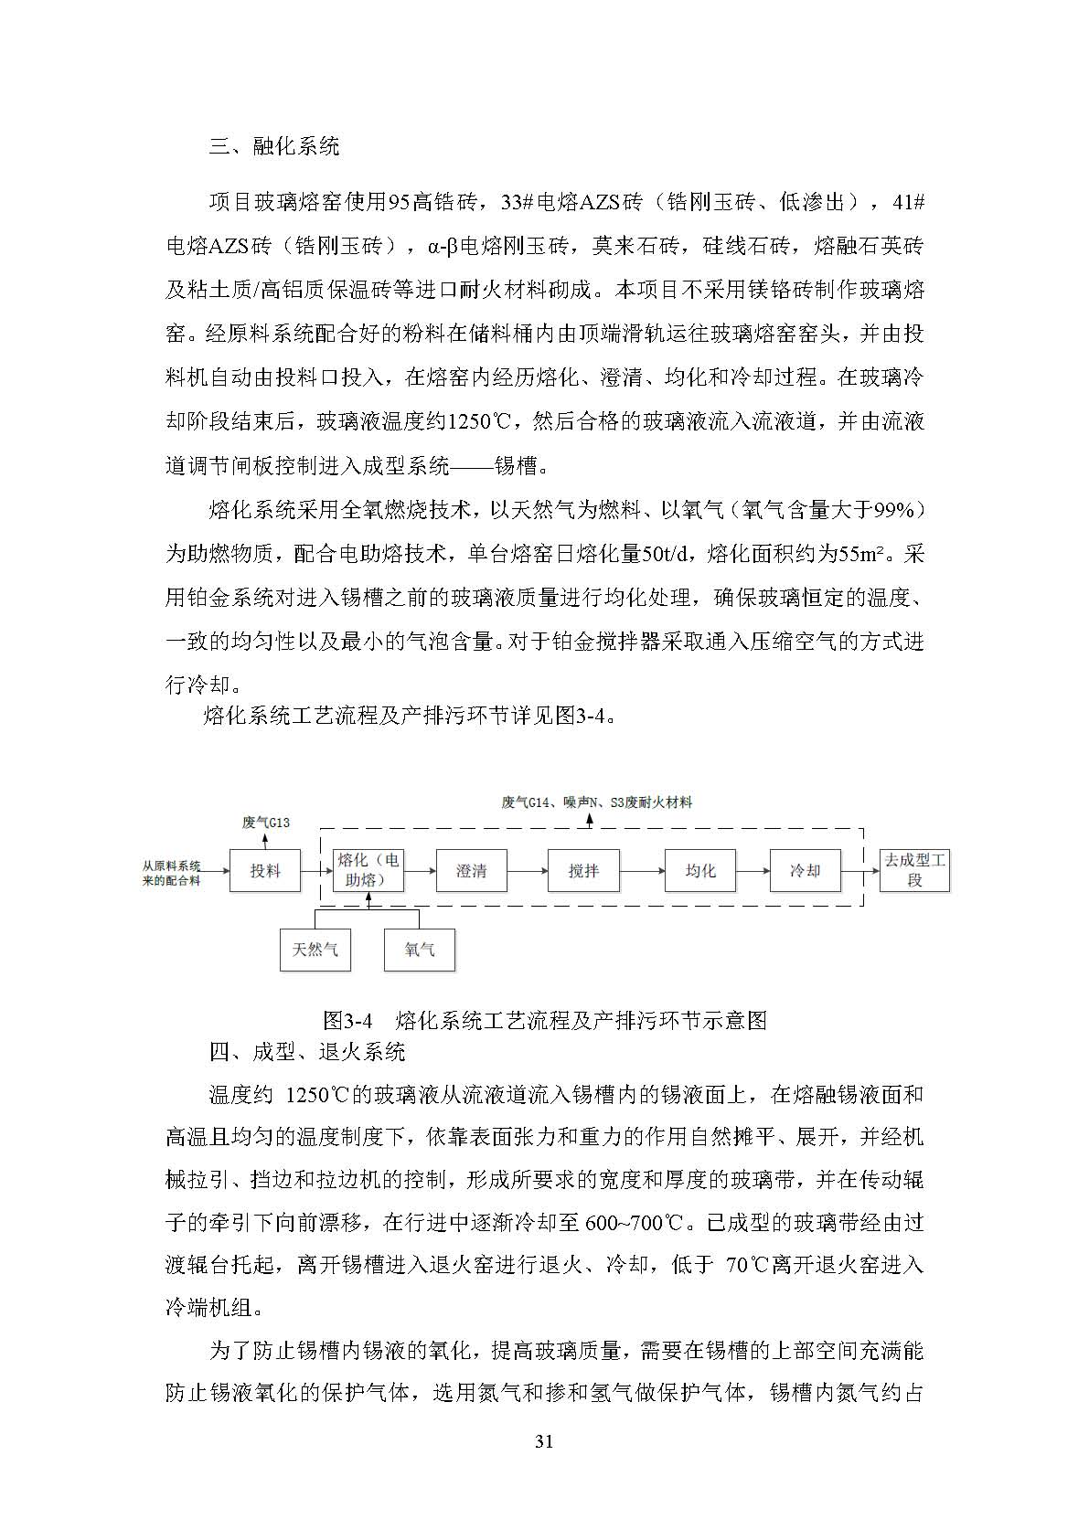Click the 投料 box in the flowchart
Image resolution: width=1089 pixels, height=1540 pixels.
[x=265, y=871]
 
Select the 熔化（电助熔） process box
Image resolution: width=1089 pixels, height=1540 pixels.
[x=368, y=870]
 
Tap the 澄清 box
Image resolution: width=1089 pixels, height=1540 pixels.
[x=471, y=871]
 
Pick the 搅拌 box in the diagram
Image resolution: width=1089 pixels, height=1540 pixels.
[x=583, y=871]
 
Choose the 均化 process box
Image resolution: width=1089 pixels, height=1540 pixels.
[x=700, y=871]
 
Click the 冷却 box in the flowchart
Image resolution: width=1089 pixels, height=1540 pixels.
[x=805, y=871]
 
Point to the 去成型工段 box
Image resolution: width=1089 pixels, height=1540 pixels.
[x=914, y=871]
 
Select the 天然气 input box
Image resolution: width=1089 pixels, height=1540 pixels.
[x=315, y=950]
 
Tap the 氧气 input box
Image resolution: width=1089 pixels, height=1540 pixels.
[x=420, y=950]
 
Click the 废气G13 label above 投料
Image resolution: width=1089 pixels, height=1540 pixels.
[x=265, y=823]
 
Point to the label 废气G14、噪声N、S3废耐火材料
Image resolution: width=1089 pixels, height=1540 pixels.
[x=596, y=802]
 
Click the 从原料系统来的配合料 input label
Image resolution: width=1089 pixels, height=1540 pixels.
[x=172, y=872]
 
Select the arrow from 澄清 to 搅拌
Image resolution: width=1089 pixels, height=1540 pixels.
[x=527, y=871]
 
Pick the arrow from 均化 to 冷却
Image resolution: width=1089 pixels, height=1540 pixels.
[x=753, y=871]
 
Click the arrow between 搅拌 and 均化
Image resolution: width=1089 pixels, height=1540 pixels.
[x=642, y=871]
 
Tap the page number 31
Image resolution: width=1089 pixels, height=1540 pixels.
[x=544, y=1442]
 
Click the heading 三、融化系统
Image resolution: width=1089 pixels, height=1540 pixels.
[x=274, y=145]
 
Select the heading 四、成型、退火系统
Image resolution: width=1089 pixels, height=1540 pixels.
[x=307, y=1052]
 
